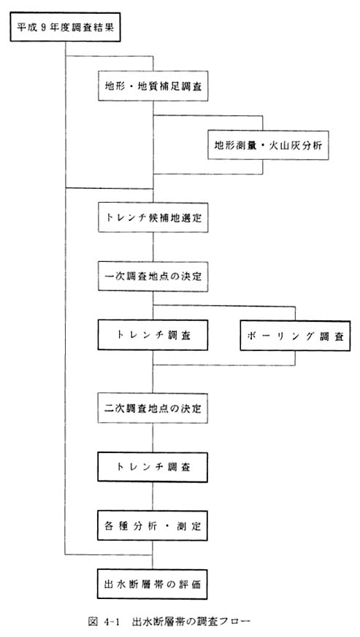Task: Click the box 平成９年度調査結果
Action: pyautogui.click(x=65, y=28)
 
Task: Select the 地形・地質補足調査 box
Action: pyautogui.click(x=153, y=86)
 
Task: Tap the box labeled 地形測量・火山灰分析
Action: pyautogui.click(x=268, y=145)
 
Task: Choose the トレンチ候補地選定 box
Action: pyautogui.click(x=153, y=217)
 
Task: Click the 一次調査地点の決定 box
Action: pyautogui.click(x=153, y=277)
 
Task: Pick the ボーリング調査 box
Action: pyautogui.click(x=295, y=336)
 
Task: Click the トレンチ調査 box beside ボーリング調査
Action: pyautogui.click(x=153, y=335)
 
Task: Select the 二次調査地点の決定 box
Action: pyautogui.click(x=153, y=408)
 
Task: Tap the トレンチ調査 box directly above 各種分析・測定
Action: pyautogui.click(x=153, y=467)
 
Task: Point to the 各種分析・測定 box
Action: pyautogui.click(x=153, y=526)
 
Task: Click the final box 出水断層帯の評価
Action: pyautogui.click(x=153, y=584)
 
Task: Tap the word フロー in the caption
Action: pyautogui.click(x=234, y=622)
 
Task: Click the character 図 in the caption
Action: pyautogui.click(x=93, y=622)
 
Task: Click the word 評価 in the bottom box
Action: pyautogui.click(x=191, y=584)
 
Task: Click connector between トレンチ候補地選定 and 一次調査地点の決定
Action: pyautogui.click(x=153, y=247)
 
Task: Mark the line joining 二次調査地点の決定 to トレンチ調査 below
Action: pyautogui.click(x=153, y=438)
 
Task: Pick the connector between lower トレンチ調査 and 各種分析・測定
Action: pyautogui.click(x=153, y=496)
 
